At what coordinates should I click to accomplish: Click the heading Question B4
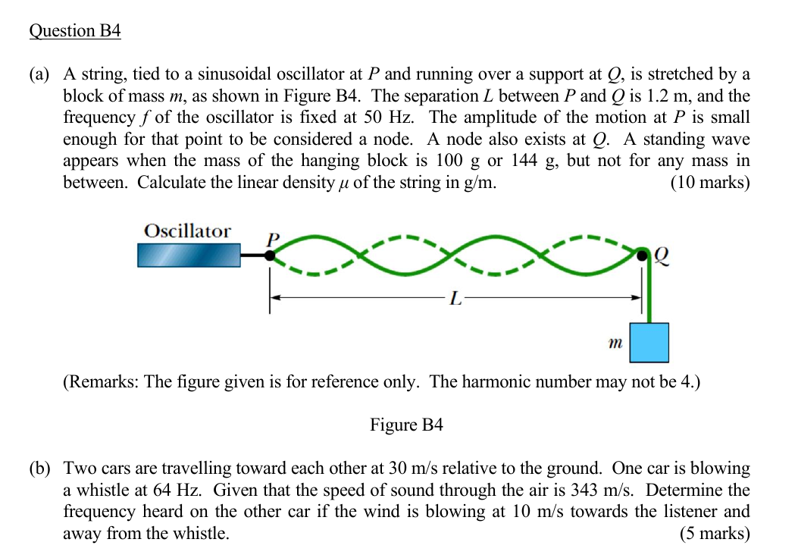pyautogui.click(x=75, y=31)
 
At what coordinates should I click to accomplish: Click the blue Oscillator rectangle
pyautogui.click(x=189, y=255)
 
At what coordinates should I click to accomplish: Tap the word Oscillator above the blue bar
pyautogui.click(x=188, y=231)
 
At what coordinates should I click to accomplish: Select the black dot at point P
pyautogui.click(x=269, y=255)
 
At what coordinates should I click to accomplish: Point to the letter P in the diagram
pyautogui.click(x=273, y=239)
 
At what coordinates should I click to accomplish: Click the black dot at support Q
pyautogui.click(x=643, y=255)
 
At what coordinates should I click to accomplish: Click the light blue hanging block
pyautogui.click(x=649, y=343)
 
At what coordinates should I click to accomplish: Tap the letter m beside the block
pyautogui.click(x=615, y=343)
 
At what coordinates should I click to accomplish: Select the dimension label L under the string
pyautogui.click(x=455, y=298)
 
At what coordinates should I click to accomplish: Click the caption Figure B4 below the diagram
pyautogui.click(x=405, y=425)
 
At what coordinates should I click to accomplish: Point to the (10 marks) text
pyautogui.click(x=710, y=183)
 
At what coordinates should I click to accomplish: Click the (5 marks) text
pyautogui.click(x=715, y=533)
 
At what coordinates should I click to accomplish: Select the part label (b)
pyautogui.click(x=41, y=468)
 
